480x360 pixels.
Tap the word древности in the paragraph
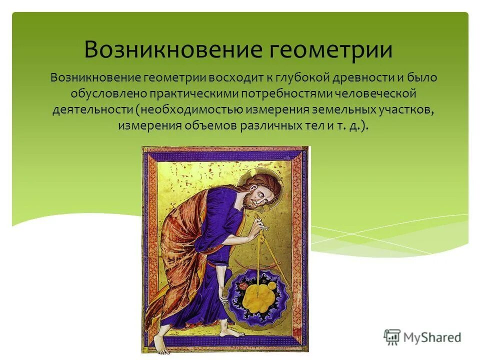coord(367,78)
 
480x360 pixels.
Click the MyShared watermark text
coord(433,337)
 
